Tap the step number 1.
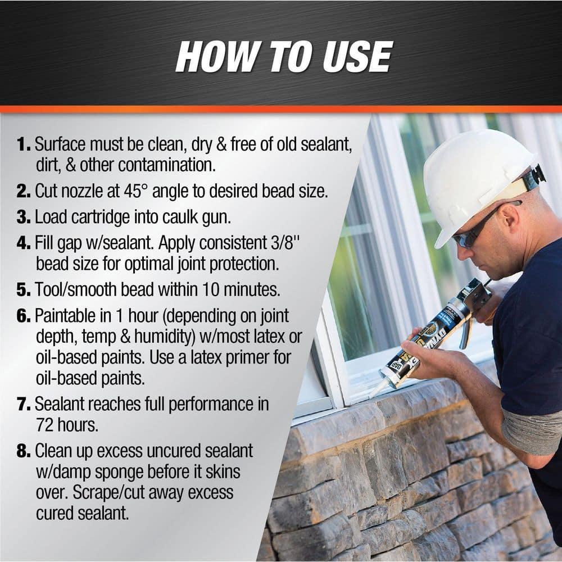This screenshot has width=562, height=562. click(x=24, y=144)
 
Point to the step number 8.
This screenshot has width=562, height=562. click(x=24, y=451)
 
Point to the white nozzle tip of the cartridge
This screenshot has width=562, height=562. click(x=375, y=388)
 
